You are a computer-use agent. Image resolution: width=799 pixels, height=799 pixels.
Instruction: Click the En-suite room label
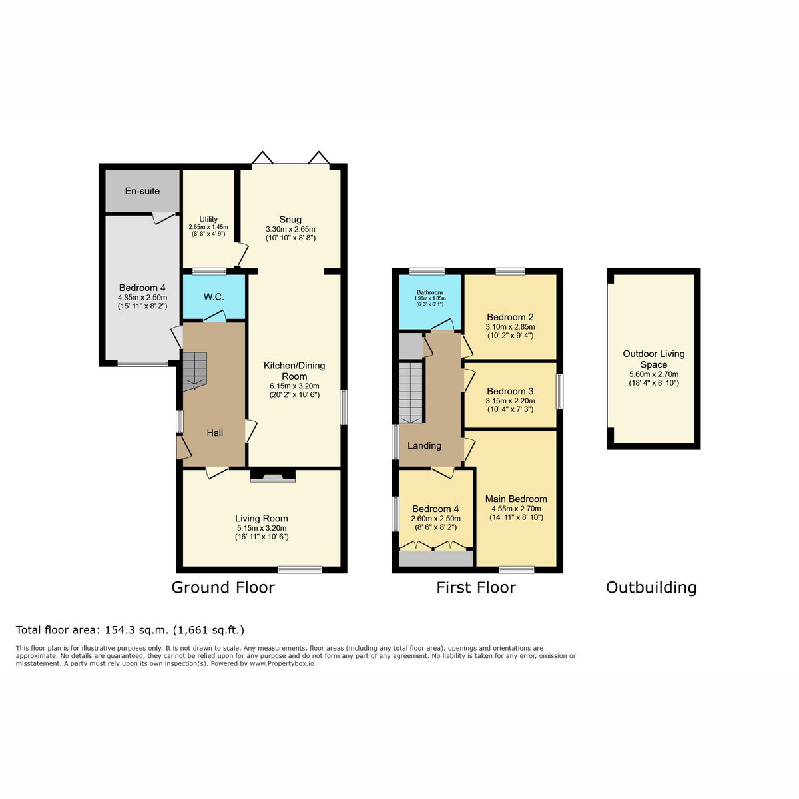pyautogui.click(x=142, y=191)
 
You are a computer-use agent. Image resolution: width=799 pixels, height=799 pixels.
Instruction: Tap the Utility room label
pyautogui.click(x=208, y=219)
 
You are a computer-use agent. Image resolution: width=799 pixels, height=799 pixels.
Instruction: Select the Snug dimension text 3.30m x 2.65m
pyautogui.click(x=290, y=229)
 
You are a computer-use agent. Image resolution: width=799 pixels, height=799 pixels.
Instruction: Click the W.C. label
pyautogui.click(x=214, y=297)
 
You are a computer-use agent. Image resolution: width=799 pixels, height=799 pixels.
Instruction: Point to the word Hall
pyautogui.click(x=215, y=433)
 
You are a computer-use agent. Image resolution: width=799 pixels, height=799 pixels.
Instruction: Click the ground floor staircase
pyautogui.click(x=194, y=372)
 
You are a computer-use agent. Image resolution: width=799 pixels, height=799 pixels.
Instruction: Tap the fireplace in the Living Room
pyautogui.click(x=272, y=475)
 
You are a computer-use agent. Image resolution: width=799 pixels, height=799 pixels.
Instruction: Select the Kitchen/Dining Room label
pyautogui.click(x=294, y=371)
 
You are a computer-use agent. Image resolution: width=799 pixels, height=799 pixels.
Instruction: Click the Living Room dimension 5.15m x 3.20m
pyautogui.click(x=261, y=528)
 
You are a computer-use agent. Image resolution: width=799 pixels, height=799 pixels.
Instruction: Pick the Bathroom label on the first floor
pyautogui.click(x=429, y=292)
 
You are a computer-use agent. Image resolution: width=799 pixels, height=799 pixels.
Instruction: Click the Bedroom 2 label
pyautogui.click(x=510, y=317)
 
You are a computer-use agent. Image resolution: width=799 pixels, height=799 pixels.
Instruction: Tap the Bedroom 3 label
pyautogui.click(x=510, y=391)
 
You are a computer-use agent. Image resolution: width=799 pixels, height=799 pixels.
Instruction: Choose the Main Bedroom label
pyautogui.click(x=516, y=499)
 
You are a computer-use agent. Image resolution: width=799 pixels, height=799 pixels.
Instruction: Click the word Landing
pyautogui.click(x=424, y=445)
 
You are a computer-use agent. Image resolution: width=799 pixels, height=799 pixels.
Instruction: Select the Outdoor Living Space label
pyautogui.click(x=653, y=359)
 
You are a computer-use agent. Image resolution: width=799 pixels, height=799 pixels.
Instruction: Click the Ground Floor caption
pyautogui.click(x=223, y=587)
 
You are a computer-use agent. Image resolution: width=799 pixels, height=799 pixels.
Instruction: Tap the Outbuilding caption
pyautogui.click(x=651, y=587)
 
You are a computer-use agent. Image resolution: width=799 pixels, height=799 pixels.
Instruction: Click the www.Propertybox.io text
pyautogui.click(x=282, y=663)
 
